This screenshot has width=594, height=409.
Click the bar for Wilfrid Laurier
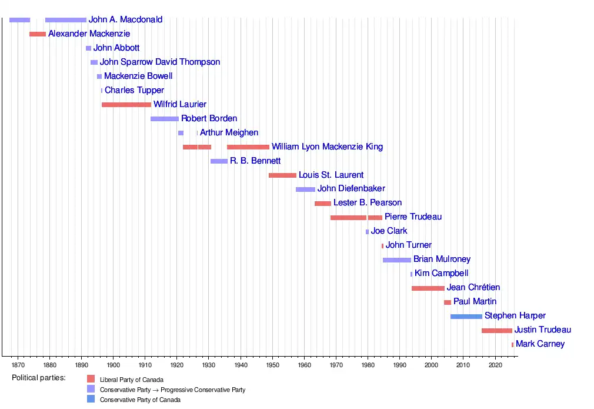(126, 105)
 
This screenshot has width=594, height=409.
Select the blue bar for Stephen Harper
(466, 317)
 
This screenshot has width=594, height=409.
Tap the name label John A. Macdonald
(125, 20)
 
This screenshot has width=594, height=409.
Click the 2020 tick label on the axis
(495, 365)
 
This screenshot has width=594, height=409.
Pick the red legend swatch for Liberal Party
(91, 380)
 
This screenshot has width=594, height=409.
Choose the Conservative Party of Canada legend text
(140, 400)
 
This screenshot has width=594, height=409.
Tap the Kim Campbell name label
(441, 274)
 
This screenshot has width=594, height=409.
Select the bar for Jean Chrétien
(428, 288)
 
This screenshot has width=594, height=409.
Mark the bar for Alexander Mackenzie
(38, 34)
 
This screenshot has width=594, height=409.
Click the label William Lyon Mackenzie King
(327, 147)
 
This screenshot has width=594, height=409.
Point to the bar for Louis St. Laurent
(282, 175)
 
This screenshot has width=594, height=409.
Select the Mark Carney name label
(540, 344)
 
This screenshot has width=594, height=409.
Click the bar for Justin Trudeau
(496, 331)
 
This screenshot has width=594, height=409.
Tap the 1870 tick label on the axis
(18, 365)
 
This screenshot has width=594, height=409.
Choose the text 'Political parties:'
(39, 378)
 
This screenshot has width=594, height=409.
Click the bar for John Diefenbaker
(305, 189)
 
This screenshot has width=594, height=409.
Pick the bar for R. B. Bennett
(219, 161)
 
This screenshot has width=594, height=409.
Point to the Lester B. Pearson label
(368, 203)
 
